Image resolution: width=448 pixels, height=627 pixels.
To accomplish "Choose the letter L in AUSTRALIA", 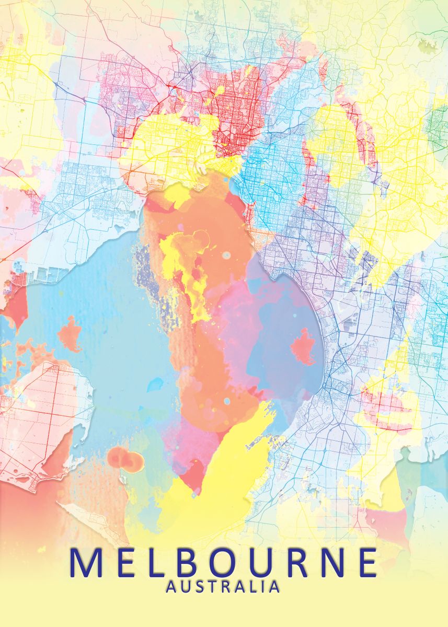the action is [x=254, y=587].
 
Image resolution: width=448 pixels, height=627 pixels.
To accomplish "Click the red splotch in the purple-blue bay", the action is [x=303, y=347].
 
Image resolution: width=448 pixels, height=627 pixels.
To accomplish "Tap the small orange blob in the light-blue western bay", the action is [x=69, y=334].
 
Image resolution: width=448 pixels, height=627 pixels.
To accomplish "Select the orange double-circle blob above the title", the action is [x=125, y=460].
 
